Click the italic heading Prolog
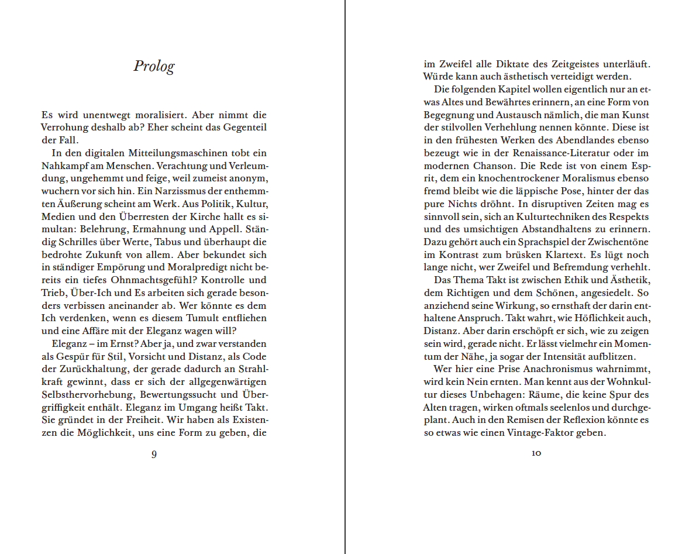(x=154, y=66)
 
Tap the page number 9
(x=154, y=454)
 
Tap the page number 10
(x=536, y=453)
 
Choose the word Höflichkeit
(x=597, y=318)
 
